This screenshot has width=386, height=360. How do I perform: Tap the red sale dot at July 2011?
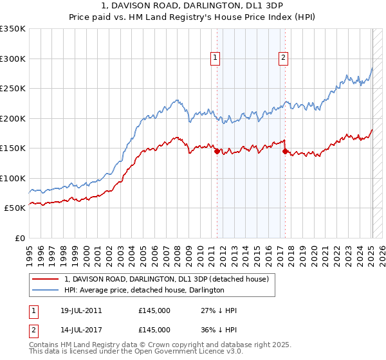point(217,152)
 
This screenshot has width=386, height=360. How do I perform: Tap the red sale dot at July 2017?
point(284,152)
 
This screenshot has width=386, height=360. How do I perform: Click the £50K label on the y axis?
point(14,208)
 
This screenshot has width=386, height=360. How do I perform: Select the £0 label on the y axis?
point(19,238)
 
